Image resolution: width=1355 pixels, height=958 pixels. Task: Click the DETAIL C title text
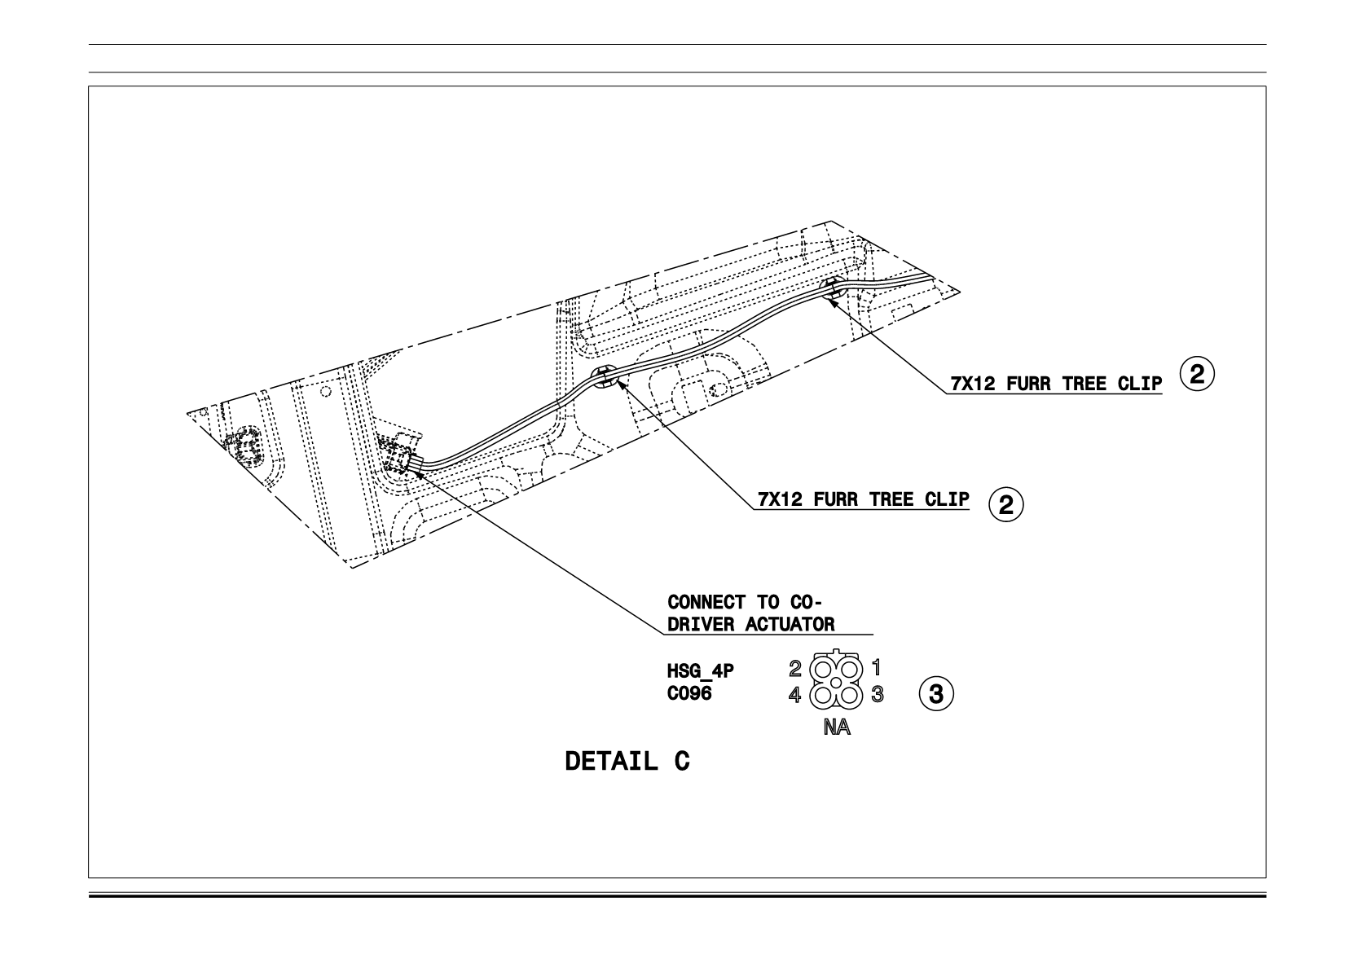coord(627,762)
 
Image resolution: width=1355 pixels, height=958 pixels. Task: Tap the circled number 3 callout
coord(936,694)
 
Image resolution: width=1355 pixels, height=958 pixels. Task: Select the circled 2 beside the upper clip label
coord(1197,374)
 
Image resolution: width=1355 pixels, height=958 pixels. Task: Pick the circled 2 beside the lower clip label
coord(1006,503)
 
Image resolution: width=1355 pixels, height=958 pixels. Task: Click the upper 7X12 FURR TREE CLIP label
coord(1056,384)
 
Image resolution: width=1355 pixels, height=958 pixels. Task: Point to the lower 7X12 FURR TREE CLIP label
coord(864,499)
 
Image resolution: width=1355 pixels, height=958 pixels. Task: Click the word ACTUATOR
coord(790,624)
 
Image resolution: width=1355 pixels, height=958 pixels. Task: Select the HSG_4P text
coord(701,671)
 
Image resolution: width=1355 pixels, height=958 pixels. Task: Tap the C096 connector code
coord(689,694)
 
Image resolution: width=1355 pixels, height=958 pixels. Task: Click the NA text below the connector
coord(837,727)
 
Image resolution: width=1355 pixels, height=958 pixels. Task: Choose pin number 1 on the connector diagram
coord(876,668)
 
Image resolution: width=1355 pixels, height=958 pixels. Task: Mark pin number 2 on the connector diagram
coord(795,668)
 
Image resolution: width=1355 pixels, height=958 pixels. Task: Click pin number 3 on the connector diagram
coord(878,694)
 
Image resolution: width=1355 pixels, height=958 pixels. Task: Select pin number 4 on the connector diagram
coord(795,696)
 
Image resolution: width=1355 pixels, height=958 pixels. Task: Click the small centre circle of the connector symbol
coord(836,683)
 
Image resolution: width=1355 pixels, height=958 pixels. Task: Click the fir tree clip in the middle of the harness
coord(604,377)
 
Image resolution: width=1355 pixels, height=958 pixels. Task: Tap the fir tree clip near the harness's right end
coord(833,288)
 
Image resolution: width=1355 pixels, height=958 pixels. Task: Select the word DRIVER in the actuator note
coord(701,624)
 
